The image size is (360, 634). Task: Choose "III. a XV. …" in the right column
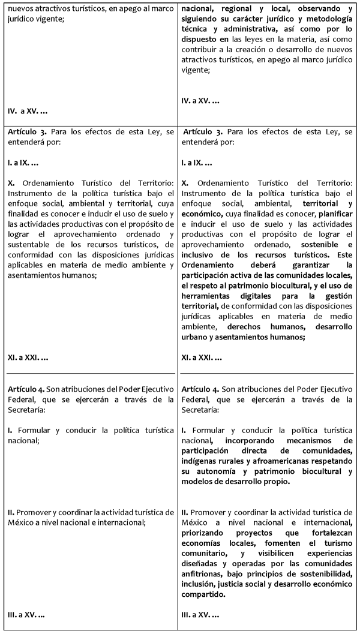click(x=200, y=615)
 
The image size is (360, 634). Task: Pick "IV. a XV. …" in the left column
click(x=28, y=111)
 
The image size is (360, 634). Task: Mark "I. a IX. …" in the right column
click(x=197, y=163)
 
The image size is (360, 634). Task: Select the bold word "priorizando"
click(x=203, y=532)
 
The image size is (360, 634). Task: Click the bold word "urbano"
click(x=196, y=337)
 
